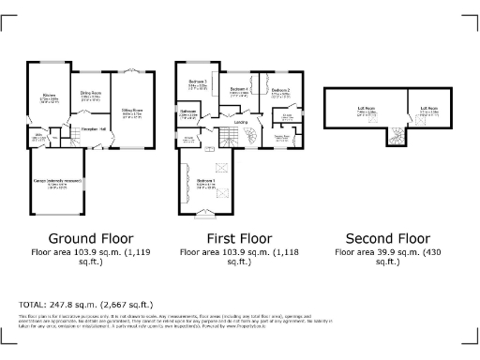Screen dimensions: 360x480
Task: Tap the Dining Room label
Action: click(91, 93)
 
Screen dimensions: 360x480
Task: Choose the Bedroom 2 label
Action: click(281, 90)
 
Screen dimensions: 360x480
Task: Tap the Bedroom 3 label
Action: click(197, 82)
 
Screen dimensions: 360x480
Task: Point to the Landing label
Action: click(241, 121)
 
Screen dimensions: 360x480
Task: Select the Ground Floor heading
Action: click(90, 238)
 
